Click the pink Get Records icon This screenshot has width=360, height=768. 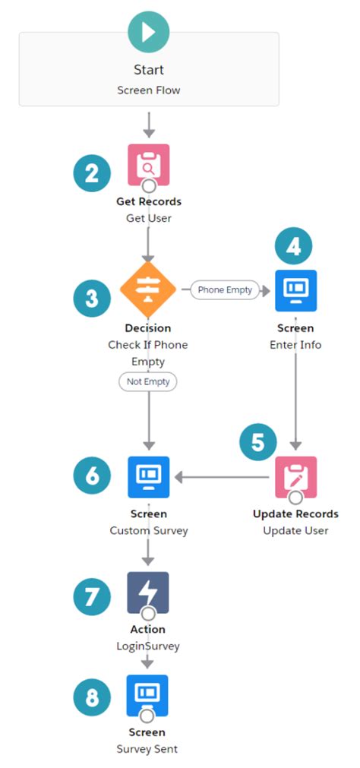pos(148,164)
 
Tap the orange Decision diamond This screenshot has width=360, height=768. pos(148,289)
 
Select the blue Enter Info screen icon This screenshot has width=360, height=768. pos(295,290)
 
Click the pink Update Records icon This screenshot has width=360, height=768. pos(295,477)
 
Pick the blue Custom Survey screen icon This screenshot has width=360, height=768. pos(148,477)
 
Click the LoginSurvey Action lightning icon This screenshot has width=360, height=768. pos(148,593)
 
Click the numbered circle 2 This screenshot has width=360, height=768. pos(93,174)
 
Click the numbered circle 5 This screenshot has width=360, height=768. pos(259,441)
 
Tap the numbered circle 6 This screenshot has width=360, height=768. pos(93,476)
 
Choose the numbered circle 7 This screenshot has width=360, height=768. pos(93,597)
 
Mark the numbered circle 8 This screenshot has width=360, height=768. pos(93,698)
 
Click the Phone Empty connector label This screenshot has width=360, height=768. pos(225,289)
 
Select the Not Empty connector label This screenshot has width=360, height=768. pos(148,382)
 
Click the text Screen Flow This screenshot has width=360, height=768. pos(148,90)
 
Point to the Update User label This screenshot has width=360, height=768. pos(295,530)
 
